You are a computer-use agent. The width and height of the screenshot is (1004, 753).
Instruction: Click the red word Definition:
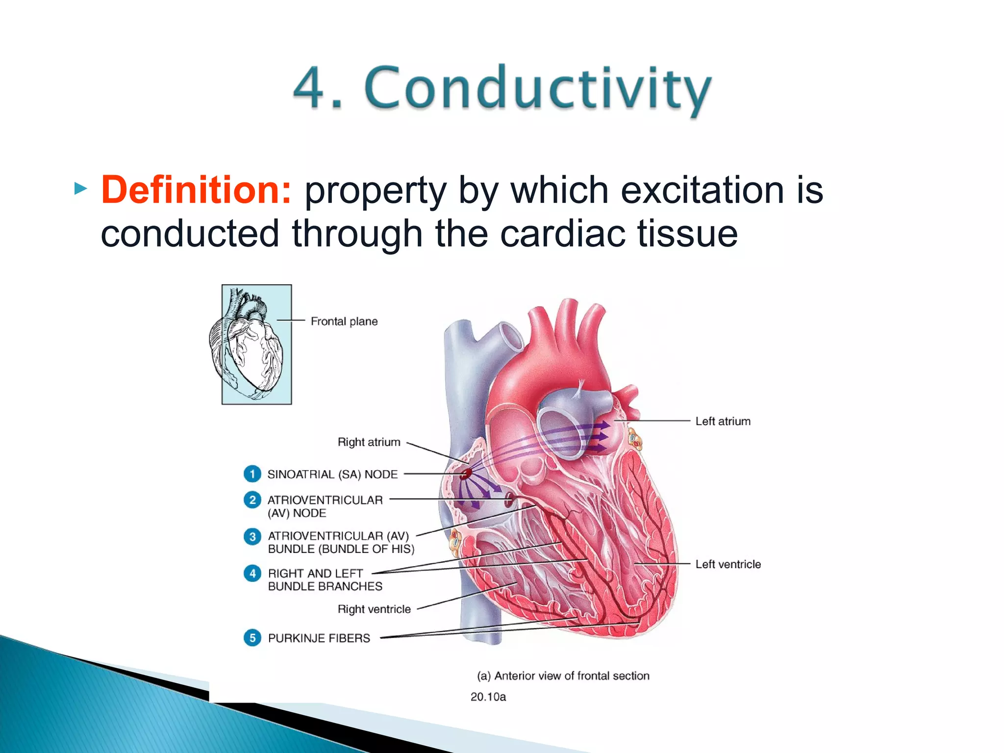[x=196, y=190]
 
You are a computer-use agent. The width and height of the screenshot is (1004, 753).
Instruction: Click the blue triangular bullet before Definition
[x=80, y=188]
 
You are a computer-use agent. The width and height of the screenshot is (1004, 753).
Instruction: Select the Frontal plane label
[x=344, y=322]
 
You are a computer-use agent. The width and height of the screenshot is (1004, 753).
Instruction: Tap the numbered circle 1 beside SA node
[x=252, y=474]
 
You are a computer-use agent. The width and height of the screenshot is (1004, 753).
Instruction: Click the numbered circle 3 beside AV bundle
[x=252, y=536]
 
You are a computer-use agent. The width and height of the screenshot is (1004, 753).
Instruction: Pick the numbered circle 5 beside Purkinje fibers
[x=252, y=638]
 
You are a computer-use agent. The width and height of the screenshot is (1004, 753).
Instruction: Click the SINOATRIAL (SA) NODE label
[x=332, y=475]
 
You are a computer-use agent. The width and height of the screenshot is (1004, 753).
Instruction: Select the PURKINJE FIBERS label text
[x=319, y=638]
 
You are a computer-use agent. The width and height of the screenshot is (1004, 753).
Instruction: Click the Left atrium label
[x=723, y=422]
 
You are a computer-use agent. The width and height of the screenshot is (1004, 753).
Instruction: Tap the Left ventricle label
[x=728, y=564]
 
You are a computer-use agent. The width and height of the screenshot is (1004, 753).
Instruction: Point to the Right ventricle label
[x=374, y=609]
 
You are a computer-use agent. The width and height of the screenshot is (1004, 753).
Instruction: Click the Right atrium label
[x=369, y=442]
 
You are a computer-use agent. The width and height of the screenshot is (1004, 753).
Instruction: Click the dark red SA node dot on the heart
[x=466, y=474]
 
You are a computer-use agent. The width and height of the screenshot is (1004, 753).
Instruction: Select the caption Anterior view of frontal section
[x=563, y=676]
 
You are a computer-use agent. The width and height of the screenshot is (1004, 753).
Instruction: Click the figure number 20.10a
[x=488, y=697]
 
